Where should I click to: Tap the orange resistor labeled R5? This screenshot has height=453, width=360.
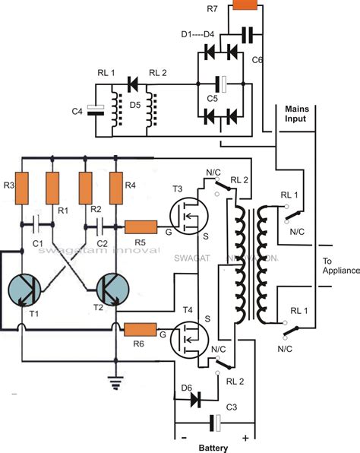point(141,227)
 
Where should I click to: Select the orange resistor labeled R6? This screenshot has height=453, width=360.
point(141,330)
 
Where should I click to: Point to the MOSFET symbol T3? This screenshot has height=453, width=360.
point(188,216)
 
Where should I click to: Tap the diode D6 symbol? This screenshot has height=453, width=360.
point(199,398)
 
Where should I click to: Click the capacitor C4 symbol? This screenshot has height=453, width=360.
point(93,112)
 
